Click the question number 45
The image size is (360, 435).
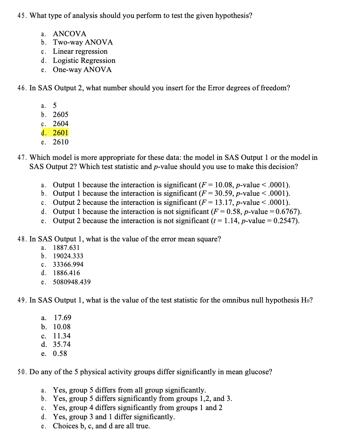point(22,16)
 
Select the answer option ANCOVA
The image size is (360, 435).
point(69,34)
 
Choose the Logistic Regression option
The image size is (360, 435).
point(84,60)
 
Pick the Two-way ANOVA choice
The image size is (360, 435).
point(83,43)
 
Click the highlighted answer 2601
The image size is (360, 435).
point(60,133)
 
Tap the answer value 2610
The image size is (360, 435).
point(60,142)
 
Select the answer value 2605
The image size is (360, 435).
point(60,115)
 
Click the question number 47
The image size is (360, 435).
point(22,158)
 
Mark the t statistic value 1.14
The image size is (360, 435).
point(230,221)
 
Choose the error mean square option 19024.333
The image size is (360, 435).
point(68,256)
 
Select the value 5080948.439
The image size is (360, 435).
point(72,282)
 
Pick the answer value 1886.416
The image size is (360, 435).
point(66,273)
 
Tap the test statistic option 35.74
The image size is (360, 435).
point(62,345)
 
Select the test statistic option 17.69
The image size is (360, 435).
point(63,318)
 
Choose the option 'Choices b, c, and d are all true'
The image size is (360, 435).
point(101,426)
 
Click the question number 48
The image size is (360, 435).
point(22,239)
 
